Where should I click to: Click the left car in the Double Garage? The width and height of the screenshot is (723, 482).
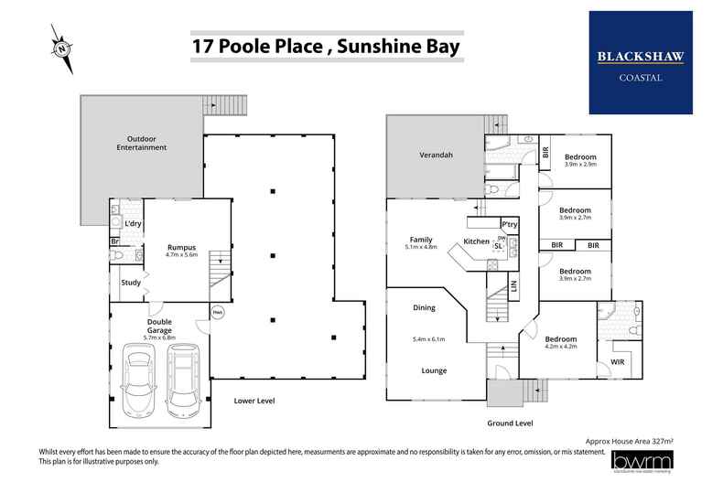(x=138, y=377)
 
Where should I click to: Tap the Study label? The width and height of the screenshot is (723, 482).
(x=131, y=283)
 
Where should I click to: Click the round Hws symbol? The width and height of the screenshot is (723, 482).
(x=218, y=311)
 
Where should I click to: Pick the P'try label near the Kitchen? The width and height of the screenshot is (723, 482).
(x=508, y=224)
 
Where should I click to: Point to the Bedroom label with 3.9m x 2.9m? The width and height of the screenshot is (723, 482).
(x=579, y=156)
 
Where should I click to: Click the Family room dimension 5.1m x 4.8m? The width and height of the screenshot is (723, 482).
(x=422, y=247)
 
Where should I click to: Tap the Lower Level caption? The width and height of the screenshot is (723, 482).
(x=254, y=401)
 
